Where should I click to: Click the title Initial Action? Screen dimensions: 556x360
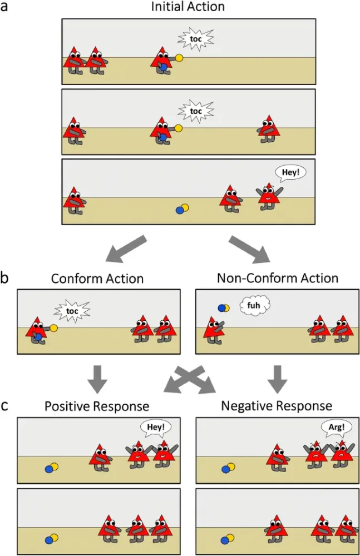[x=189, y=7]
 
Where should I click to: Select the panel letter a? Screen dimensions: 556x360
[x=6, y=8]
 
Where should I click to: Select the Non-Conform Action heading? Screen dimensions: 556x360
[x=278, y=277]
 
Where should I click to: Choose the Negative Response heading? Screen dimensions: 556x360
[x=277, y=405]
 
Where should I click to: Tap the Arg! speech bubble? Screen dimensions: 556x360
[x=333, y=427]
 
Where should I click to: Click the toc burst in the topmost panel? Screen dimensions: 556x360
[x=195, y=39]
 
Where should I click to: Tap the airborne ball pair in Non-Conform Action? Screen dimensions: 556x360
[x=223, y=307]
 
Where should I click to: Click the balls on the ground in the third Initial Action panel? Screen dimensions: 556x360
[x=183, y=209]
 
